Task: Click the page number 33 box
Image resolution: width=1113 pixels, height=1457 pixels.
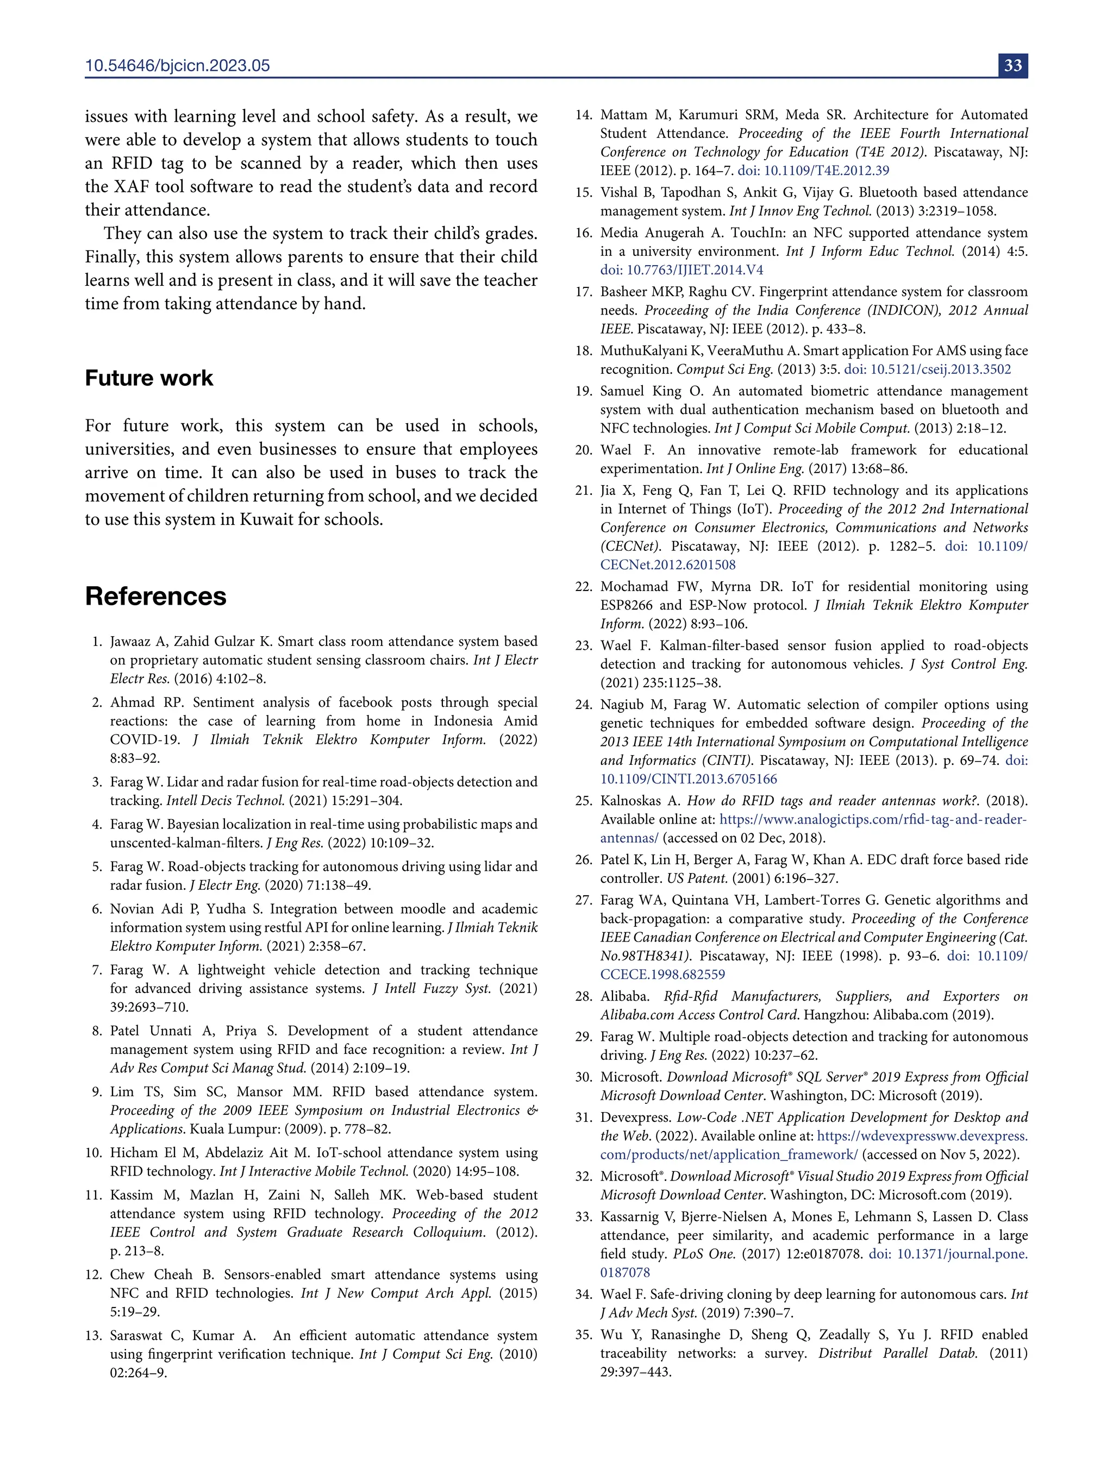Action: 1012,66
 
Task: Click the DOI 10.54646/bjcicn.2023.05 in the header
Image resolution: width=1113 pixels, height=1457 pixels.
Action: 178,66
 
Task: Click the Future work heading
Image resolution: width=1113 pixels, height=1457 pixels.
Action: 149,378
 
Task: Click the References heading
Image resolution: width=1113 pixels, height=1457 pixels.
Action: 155,596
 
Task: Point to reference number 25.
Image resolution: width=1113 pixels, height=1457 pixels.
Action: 583,801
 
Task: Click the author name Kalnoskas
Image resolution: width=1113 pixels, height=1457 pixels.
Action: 631,801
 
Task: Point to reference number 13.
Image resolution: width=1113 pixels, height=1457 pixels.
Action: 93,1336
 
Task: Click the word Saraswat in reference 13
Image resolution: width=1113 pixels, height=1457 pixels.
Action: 139,1336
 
